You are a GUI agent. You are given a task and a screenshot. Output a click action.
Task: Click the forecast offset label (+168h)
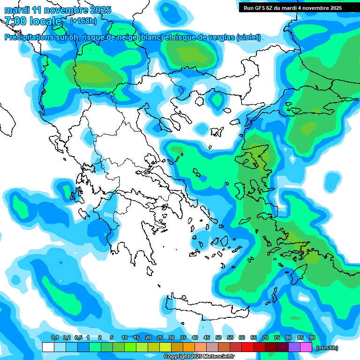click(x=83, y=21)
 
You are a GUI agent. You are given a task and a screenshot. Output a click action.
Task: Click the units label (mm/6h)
click(x=327, y=348)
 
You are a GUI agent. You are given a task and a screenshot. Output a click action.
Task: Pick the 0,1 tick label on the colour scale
click(x=54, y=338)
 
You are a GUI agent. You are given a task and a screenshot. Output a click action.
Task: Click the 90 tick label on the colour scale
click(x=312, y=338)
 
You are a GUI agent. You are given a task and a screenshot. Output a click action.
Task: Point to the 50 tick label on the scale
click(x=218, y=338)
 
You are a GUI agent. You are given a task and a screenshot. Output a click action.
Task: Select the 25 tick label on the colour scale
click(x=160, y=338)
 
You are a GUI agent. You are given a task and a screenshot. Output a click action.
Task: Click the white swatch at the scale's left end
click(x=48, y=347)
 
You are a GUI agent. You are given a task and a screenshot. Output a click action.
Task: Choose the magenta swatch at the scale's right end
click(x=306, y=347)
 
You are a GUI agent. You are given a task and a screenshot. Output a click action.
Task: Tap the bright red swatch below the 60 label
click(x=247, y=347)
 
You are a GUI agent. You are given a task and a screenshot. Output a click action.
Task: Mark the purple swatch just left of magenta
click(x=294, y=347)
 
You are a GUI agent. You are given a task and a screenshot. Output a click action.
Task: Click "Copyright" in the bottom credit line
click(x=177, y=357)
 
